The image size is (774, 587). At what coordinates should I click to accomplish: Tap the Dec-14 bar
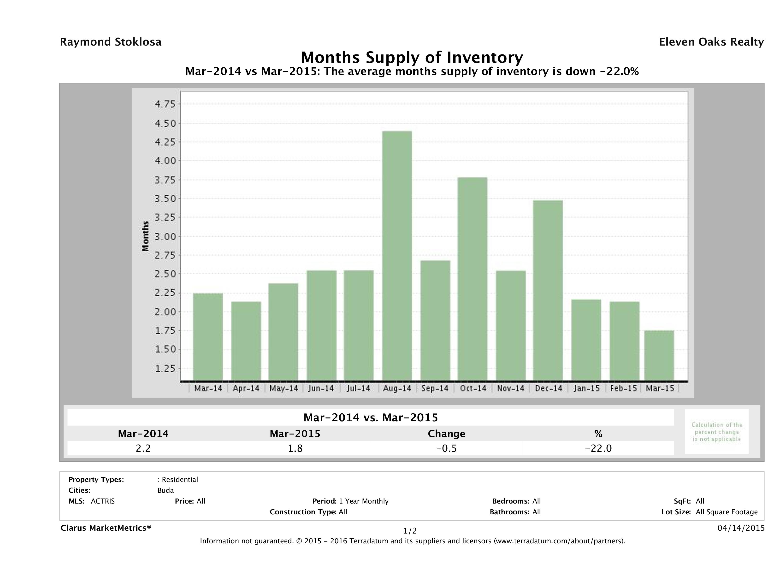(548, 290)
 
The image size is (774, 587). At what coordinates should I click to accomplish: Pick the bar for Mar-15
(659, 355)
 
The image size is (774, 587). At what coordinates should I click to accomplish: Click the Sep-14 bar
(435, 320)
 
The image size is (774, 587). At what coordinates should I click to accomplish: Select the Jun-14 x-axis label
(321, 388)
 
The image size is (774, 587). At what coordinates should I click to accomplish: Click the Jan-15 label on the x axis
(586, 388)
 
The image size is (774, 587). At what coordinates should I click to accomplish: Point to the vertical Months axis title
(146, 236)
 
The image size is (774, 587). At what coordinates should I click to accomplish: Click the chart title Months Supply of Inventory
(412, 57)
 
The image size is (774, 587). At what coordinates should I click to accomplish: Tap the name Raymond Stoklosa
(111, 42)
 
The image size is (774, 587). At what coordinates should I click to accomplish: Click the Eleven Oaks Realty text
(711, 42)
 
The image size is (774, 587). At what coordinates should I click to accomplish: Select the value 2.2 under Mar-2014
(143, 448)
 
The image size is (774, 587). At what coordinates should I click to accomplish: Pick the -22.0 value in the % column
(598, 448)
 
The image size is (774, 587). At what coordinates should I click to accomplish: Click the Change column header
(447, 434)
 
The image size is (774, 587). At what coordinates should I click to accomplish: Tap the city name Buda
(165, 490)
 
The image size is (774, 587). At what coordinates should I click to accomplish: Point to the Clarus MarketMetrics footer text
(106, 528)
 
